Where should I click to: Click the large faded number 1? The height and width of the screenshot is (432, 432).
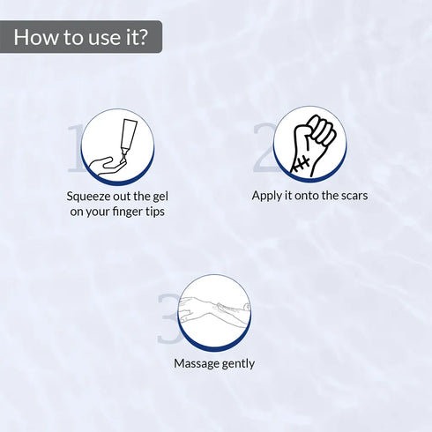click(77, 147)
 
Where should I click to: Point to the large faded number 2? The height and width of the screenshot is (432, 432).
click(264, 147)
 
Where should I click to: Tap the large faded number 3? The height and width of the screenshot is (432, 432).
click(168, 320)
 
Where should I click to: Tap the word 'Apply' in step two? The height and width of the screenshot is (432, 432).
click(267, 196)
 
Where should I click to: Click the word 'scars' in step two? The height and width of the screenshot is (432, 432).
click(351, 196)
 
